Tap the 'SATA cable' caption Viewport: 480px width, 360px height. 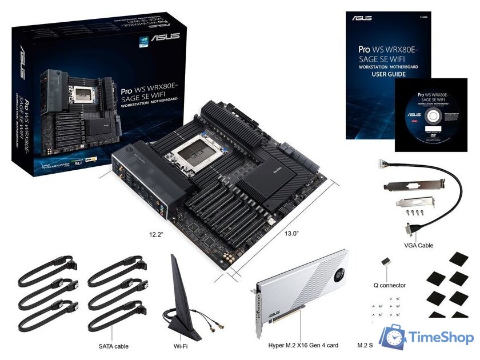113,346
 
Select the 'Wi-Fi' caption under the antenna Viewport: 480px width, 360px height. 181,346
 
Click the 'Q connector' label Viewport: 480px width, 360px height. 389,285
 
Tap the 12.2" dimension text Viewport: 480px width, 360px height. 156,234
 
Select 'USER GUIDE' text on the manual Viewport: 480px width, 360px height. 389,74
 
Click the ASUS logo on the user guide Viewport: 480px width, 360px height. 362,18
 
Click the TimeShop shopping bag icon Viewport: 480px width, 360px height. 393,338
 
